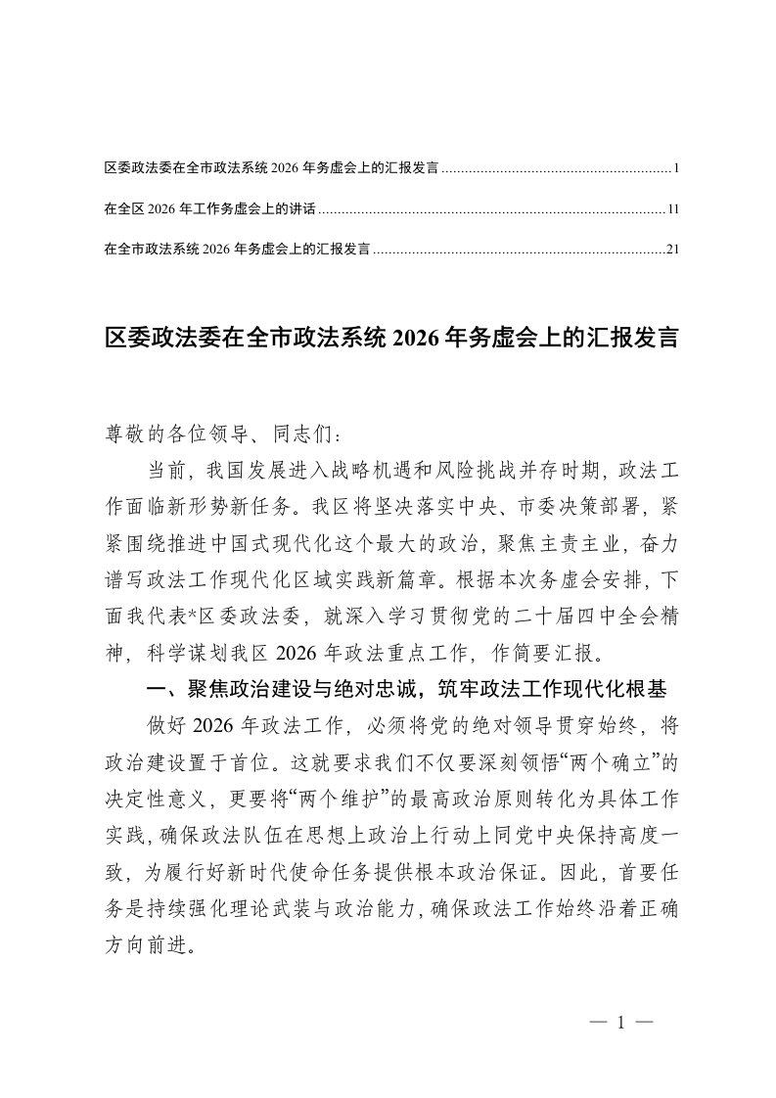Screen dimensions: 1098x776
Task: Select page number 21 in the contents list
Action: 673,249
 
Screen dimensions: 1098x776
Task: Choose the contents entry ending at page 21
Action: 235,249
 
